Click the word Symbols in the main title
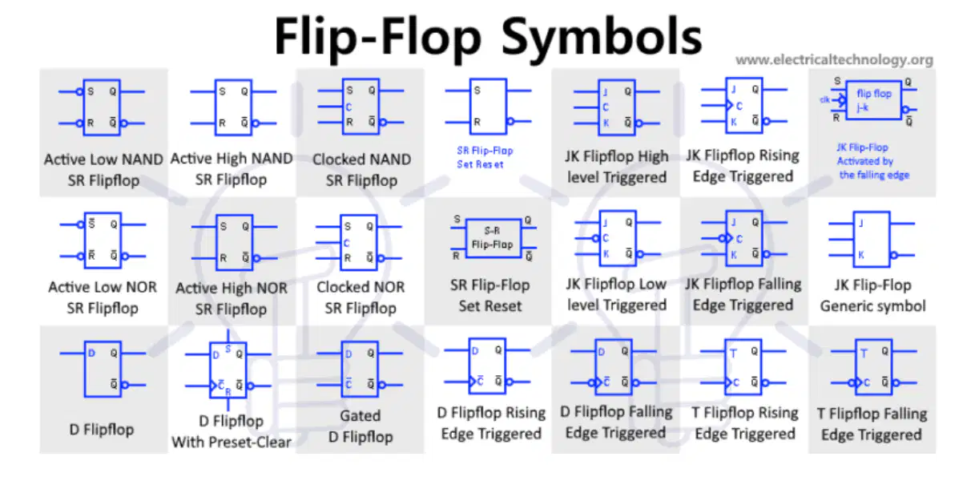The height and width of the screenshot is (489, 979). [602, 37]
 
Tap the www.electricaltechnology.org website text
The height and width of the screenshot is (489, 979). [834, 59]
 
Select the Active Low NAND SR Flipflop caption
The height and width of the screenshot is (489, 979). [103, 170]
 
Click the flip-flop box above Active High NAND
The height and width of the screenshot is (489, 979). [233, 107]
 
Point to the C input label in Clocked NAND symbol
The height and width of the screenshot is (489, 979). [348, 107]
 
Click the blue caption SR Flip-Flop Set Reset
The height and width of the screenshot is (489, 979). [485, 157]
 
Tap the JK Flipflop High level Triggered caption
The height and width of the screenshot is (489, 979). [616, 167]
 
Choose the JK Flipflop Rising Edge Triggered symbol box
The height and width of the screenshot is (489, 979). [744, 105]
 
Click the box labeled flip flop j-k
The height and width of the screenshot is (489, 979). [873, 100]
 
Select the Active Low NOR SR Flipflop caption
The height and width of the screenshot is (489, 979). [103, 297]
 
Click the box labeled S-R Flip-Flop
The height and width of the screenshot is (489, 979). [493, 238]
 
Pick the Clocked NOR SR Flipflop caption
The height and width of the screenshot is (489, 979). [361, 297]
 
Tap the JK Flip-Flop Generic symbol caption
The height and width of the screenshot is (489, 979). [872, 296]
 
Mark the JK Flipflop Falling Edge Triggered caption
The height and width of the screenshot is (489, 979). [743, 294]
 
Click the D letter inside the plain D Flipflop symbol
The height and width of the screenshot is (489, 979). [91, 353]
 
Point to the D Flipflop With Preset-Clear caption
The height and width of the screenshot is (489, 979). [232, 432]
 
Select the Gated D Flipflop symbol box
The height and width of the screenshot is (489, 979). [361, 370]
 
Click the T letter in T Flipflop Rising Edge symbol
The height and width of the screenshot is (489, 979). [733, 353]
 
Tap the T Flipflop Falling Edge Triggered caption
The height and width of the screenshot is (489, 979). [872, 424]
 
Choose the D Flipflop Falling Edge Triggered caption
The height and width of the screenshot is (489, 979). [616, 422]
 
